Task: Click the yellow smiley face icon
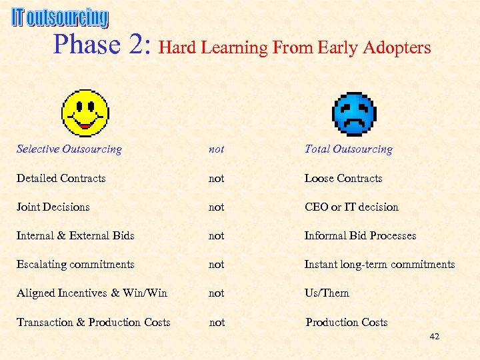85,113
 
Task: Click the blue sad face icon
354,113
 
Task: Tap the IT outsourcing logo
59,18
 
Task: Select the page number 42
434,337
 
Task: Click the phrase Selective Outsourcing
69,149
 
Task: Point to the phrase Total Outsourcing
348,149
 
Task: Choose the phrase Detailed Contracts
61,178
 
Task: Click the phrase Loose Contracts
343,178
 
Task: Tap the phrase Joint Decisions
53,207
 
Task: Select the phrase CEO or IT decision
351,207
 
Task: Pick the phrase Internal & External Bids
75,235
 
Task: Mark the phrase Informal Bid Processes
360,235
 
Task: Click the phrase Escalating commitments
75,264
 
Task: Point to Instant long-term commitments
379,264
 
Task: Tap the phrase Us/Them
327,293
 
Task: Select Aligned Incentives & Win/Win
92,293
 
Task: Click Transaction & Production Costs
93,322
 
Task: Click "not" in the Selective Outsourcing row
216,149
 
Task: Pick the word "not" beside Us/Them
216,293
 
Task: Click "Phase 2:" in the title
103,45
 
